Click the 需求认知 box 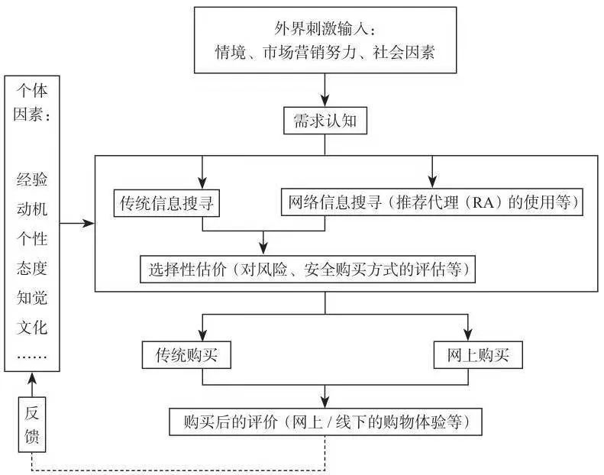coord(325,121)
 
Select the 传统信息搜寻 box coord(166,204)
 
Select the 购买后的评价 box coord(325,421)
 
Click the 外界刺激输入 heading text coord(325,30)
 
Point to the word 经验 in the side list coord(31,181)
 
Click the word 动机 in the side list coord(31,210)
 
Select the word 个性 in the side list coord(31,239)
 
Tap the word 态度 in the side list coord(31,269)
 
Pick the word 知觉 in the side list coord(31,299)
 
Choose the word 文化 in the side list coord(31,328)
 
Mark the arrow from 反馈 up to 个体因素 coord(31,385)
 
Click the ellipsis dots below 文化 coord(31,356)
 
